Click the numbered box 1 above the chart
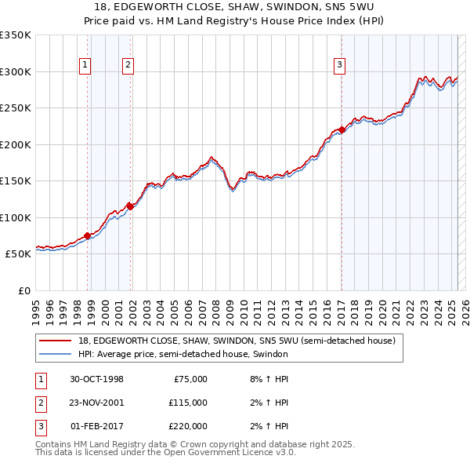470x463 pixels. click(x=84, y=66)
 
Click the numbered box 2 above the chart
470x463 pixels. click(x=128, y=66)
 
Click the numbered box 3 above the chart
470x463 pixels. click(x=340, y=66)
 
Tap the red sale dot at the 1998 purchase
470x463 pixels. click(x=87, y=235)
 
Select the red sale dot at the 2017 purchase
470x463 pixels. click(x=342, y=129)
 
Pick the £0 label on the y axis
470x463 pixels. click(x=23, y=290)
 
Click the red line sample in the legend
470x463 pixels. click(x=55, y=341)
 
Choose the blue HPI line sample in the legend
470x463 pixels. click(x=55, y=354)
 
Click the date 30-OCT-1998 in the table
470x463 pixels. click(x=96, y=379)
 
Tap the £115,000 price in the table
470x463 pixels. click(x=187, y=403)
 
